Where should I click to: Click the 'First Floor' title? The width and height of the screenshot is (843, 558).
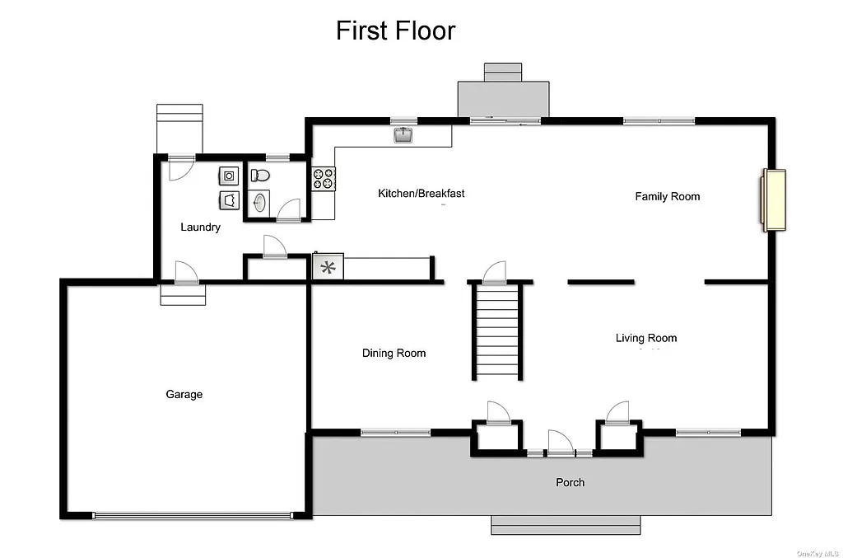(395, 31)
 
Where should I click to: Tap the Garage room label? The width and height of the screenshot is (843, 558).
(184, 395)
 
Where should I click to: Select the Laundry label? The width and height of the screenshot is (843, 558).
(200, 227)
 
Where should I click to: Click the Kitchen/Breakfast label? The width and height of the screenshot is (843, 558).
(421, 194)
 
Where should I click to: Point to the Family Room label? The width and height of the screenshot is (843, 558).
(667, 196)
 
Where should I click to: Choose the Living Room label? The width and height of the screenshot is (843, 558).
(646, 338)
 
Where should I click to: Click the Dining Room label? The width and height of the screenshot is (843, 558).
(394, 354)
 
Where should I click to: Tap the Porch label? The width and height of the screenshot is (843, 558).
(570, 482)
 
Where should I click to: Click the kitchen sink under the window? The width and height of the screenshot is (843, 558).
(403, 134)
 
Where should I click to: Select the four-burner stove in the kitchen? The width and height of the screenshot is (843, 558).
(323, 179)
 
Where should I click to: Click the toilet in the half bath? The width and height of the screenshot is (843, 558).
(260, 175)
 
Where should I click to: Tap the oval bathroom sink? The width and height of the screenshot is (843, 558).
(260, 202)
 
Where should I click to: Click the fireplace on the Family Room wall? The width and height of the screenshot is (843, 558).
(774, 200)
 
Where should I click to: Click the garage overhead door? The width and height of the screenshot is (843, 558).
(192, 516)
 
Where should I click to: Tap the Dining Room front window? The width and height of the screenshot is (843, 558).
(395, 432)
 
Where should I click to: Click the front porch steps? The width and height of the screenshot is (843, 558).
(566, 524)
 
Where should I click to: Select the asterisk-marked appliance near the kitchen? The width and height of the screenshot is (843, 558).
(328, 267)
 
